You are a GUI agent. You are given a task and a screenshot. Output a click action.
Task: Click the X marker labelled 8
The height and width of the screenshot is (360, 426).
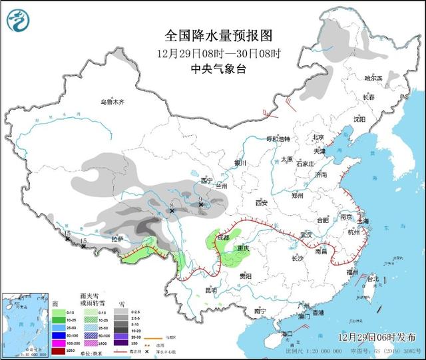tap(172, 210)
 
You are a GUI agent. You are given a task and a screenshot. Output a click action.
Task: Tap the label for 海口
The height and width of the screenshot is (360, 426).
tap(287, 333)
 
